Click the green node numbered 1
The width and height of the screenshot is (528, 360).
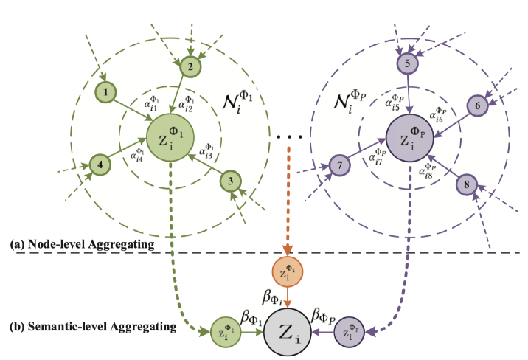[x=107, y=92]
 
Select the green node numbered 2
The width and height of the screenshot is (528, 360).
[x=190, y=66]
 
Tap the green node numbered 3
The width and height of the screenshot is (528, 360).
[x=231, y=180]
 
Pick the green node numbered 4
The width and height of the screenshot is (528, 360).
[x=100, y=164]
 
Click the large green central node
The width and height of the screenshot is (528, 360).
[x=170, y=137]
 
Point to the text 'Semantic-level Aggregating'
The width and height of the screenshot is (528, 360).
[x=92, y=325]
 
